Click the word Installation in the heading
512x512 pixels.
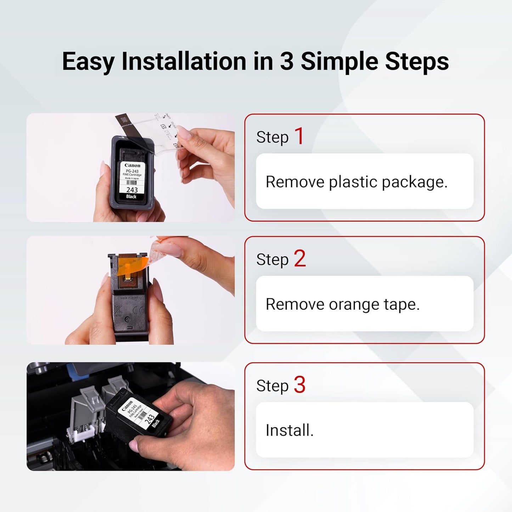[x=184, y=61]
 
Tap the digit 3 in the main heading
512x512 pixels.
[x=286, y=61]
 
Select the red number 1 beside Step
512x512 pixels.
[x=299, y=136]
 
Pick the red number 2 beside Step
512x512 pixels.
[x=300, y=259]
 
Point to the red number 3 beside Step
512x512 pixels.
[x=300, y=385]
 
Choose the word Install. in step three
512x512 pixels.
[x=289, y=431]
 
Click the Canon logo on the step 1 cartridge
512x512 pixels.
[x=132, y=165]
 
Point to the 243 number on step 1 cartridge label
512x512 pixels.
[x=132, y=190]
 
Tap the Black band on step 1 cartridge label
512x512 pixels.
[x=131, y=197]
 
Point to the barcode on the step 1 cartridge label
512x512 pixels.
[x=131, y=183]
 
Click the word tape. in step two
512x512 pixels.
[x=401, y=304]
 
